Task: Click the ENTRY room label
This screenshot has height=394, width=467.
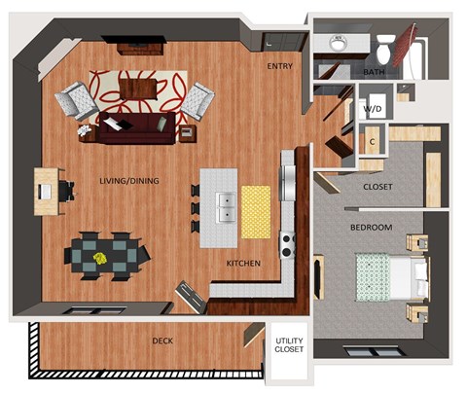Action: click(x=280, y=66)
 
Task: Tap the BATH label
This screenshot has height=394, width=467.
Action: click(x=374, y=73)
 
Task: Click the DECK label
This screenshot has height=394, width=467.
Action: click(x=163, y=340)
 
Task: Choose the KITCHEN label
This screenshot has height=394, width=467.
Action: click(x=243, y=264)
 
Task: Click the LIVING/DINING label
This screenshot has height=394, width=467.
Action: click(x=129, y=181)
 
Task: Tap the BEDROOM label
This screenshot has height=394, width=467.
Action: click(x=371, y=228)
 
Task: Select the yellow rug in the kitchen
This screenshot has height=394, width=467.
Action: click(x=256, y=210)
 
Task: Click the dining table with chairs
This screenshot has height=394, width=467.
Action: click(x=106, y=255)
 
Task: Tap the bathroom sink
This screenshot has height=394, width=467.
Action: click(x=339, y=45)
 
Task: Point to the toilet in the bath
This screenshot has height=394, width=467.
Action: click(x=385, y=46)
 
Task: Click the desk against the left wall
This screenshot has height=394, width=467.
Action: click(x=47, y=191)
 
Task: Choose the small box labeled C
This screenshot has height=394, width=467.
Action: click(x=373, y=140)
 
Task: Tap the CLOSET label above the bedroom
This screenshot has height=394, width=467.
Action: click(x=377, y=187)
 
